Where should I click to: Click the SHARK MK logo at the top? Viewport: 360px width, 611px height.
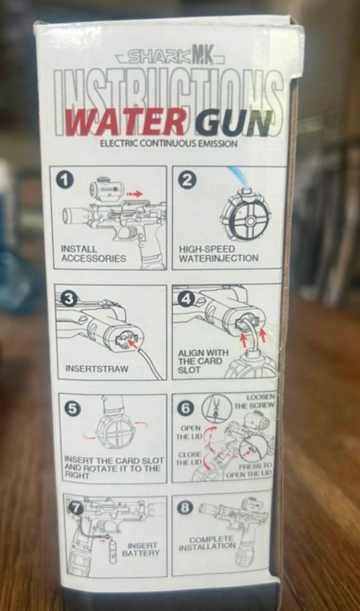[170, 58]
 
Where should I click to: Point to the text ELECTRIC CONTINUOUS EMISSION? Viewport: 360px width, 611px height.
[168, 144]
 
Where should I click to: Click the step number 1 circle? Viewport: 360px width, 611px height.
[66, 180]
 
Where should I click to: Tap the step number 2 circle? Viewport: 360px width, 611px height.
[187, 180]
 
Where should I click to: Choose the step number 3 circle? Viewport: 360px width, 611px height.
[69, 299]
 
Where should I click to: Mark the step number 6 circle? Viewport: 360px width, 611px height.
[186, 408]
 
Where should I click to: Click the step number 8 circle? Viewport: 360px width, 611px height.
[185, 508]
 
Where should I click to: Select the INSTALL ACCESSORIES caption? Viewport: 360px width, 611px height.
[93, 253]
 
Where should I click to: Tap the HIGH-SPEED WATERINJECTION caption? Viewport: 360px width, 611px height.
[219, 253]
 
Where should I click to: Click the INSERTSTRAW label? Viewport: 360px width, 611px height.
[97, 369]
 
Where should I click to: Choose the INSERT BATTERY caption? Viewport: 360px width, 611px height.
[140, 549]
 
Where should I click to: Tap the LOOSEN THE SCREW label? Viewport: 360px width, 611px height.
[255, 401]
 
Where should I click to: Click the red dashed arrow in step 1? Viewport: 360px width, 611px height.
[136, 194]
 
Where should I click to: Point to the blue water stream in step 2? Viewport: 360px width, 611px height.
[238, 175]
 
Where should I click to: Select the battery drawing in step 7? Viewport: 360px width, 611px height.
[113, 551]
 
